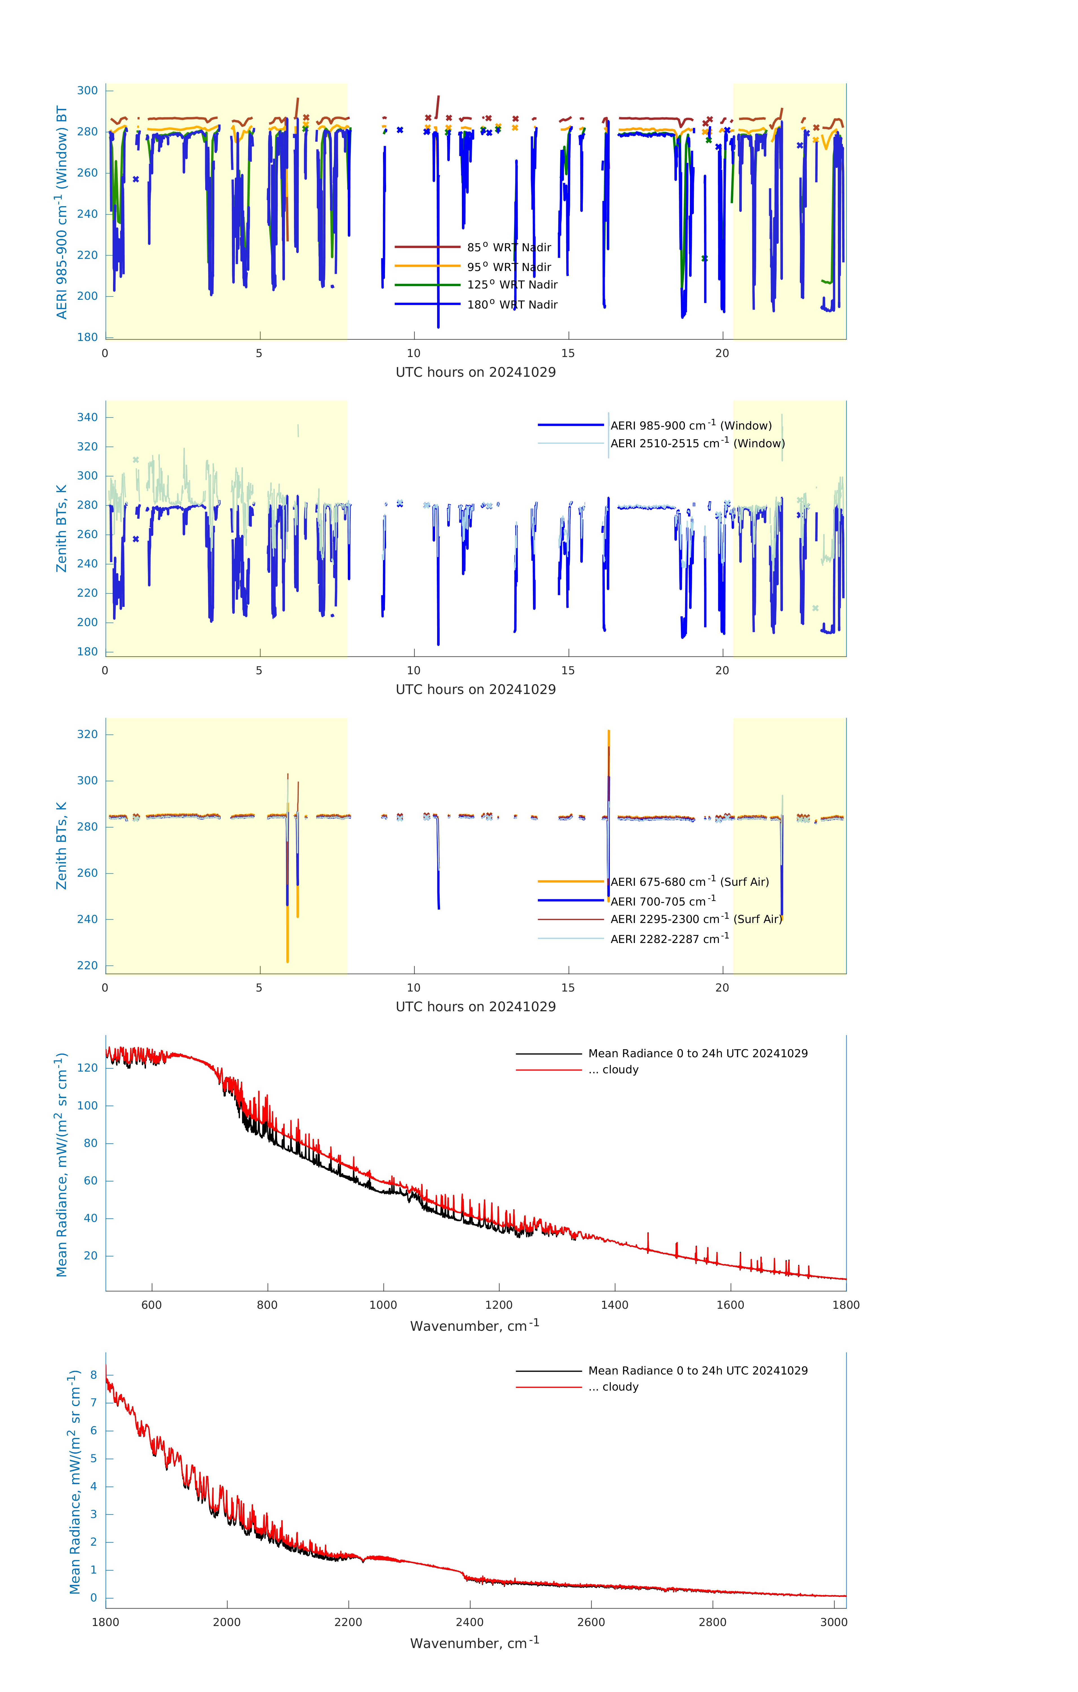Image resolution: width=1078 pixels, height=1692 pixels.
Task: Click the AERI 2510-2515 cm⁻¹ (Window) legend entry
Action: click(x=697, y=443)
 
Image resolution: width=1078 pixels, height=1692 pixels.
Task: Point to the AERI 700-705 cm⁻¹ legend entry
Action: click(x=662, y=902)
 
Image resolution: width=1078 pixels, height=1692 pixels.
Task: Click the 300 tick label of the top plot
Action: click(x=88, y=91)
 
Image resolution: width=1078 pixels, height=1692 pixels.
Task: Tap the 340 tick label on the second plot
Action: click(x=88, y=417)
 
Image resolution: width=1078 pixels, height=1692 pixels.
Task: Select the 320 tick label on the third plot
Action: click(x=88, y=734)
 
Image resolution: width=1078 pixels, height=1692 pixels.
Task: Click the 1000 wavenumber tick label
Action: click(x=383, y=1305)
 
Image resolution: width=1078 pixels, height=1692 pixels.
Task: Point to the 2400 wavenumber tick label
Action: click(x=469, y=1622)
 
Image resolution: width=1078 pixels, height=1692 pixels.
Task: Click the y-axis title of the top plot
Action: click(x=62, y=212)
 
